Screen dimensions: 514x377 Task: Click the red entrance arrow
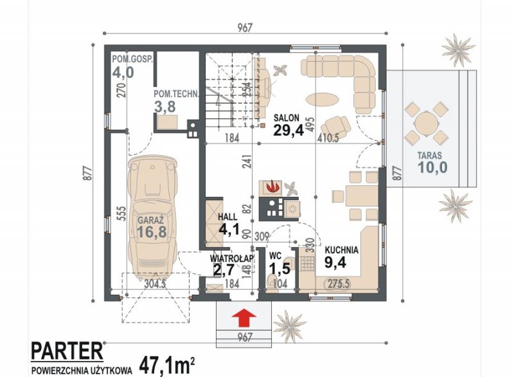244,318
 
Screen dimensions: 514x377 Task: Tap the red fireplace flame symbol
272,187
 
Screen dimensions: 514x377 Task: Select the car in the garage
153,217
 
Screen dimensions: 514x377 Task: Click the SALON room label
287,118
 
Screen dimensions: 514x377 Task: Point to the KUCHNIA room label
342,250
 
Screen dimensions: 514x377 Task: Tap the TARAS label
429,156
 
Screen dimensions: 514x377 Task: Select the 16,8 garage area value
152,232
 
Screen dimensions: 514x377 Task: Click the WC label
276,255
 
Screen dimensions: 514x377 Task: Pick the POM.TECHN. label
176,94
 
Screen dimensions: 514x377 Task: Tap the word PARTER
67,351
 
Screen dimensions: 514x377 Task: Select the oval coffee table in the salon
323,98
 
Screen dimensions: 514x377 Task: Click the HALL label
228,217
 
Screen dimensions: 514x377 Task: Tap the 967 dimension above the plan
245,28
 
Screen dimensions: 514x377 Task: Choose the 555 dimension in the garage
121,214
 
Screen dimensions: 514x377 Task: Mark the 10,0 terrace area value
432,167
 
